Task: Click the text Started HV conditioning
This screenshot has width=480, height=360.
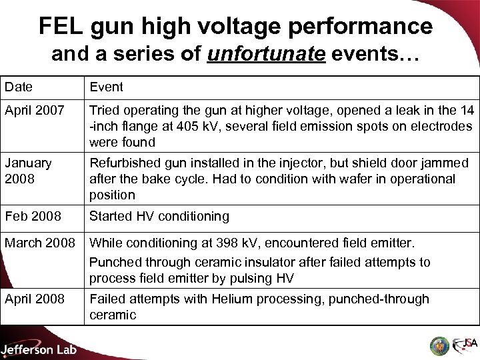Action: click(159, 216)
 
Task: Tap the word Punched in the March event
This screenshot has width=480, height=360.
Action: click(112, 262)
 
